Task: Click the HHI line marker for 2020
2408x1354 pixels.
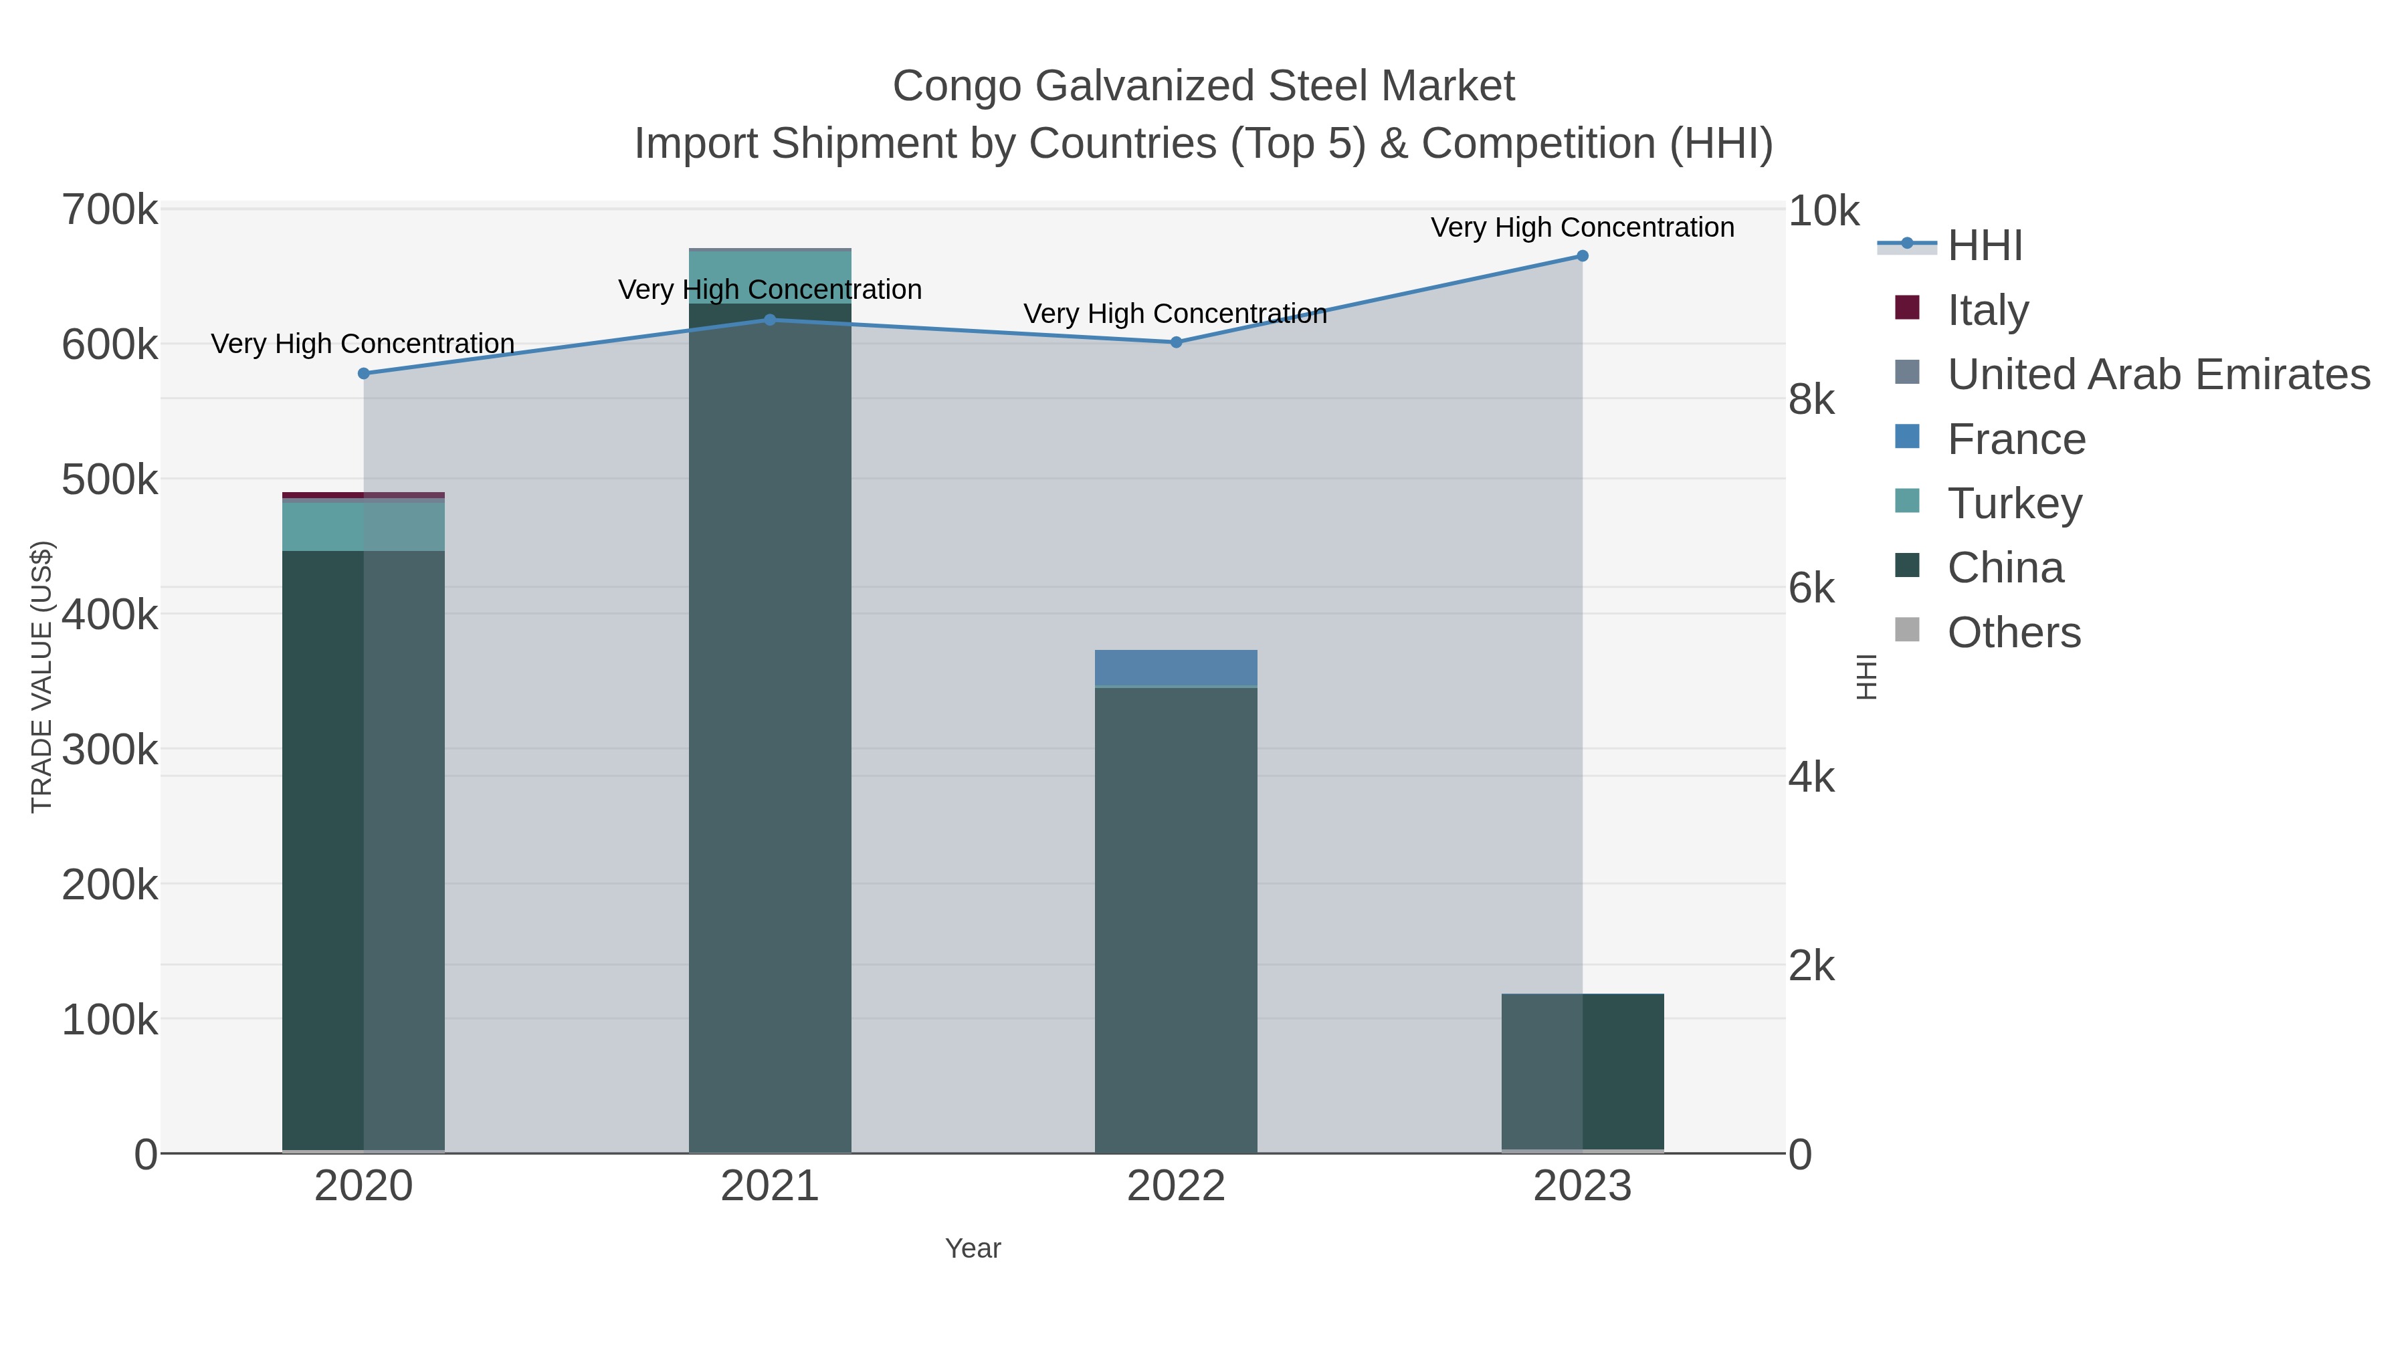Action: click(x=364, y=374)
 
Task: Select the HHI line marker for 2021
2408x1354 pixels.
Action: click(x=771, y=320)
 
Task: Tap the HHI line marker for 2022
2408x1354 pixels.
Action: click(x=1176, y=342)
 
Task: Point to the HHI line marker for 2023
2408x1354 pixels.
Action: click(x=1583, y=256)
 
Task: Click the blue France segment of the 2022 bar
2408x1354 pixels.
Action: click(x=1176, y=668)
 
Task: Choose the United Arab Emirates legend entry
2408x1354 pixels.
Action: click(x=2159, y=374)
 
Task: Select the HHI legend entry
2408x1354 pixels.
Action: click(x=1985, y=246)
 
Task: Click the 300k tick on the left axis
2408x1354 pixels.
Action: click(x=110, y=750)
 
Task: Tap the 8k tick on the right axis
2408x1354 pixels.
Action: click(x=1811, y=400)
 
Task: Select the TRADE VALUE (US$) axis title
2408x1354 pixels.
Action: click(x=42, y=677)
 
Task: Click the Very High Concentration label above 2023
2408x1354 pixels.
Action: click(x=1583, y=227)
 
